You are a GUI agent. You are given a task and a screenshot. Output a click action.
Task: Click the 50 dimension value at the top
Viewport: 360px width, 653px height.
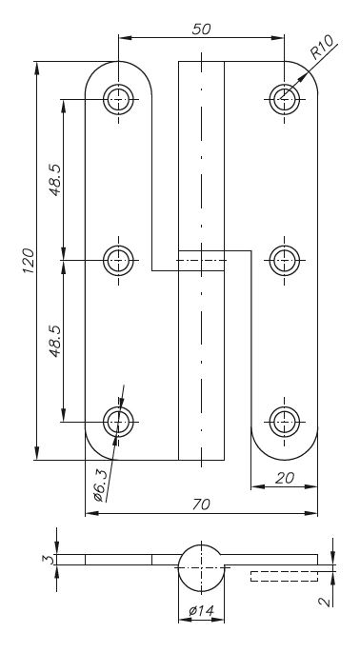tap(201, 30)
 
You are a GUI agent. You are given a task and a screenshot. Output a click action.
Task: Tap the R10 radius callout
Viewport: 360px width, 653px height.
tap(322, 47)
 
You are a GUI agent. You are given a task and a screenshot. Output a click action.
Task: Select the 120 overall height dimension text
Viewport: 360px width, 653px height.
tap(28, 261)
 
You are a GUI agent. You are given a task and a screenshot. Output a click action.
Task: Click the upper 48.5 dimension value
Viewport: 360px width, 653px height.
tap(54, 180)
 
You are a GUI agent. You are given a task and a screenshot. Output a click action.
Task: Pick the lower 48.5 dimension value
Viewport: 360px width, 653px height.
tap(54, 341)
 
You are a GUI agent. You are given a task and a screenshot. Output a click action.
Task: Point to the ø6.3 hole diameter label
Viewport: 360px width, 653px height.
tap(101, 485)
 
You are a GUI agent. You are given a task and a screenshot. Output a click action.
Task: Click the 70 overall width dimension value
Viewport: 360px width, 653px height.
tap(201, 505)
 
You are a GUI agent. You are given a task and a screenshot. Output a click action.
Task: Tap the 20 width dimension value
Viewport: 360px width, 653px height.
tap(285, 478)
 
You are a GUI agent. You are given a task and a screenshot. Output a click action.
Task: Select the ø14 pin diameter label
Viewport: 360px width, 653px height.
tap(201, 611)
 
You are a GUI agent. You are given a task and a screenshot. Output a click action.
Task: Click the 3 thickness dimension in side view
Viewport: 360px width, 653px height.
tap(49, 560)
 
